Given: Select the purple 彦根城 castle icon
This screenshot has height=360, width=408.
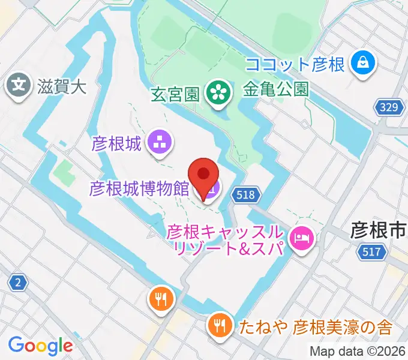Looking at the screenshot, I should pyautogui.click(x=160, y=143).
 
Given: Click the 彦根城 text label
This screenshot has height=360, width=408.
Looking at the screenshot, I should pyautogui.click(x=116, y=143).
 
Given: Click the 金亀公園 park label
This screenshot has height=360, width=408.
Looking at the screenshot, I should pyautogui.click(x=276, y=89).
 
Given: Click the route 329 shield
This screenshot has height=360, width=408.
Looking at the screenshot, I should pyautogui.click(x=388, y=108).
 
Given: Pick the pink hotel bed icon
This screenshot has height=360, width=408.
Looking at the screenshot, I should pyautogui.click(x=300, y=239).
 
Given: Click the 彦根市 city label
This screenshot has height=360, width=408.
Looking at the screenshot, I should pyautogui.click(x=378, y=230).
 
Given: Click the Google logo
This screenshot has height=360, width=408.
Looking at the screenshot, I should pyautogui.click(x=40, y=346).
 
